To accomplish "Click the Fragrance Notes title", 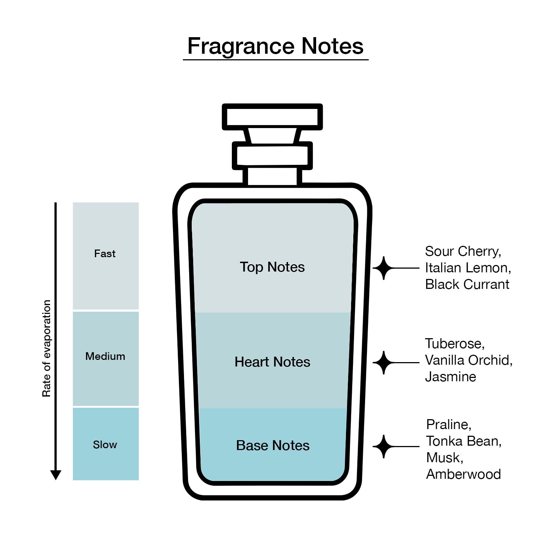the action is coord(276,46).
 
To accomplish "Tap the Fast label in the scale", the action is coord(105,254).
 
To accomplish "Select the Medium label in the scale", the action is coord(105,356).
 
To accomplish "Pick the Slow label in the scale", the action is coord(105,445).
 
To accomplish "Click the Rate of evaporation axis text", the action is coord(46,348).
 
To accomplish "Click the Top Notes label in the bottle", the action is coord(272,267).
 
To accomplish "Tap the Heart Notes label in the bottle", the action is coord(272,362).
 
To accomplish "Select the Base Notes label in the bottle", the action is coord(273,446).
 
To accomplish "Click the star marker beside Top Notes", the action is coord(384,268).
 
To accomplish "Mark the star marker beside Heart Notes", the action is coord(384,362).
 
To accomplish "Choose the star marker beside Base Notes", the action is coord(384,446).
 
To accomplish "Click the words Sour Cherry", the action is coord(463,251).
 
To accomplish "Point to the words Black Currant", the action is coord(467,284).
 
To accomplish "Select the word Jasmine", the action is coord(450,377).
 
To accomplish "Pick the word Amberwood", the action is coord(464,474).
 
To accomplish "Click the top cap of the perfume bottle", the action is coord(272,117).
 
